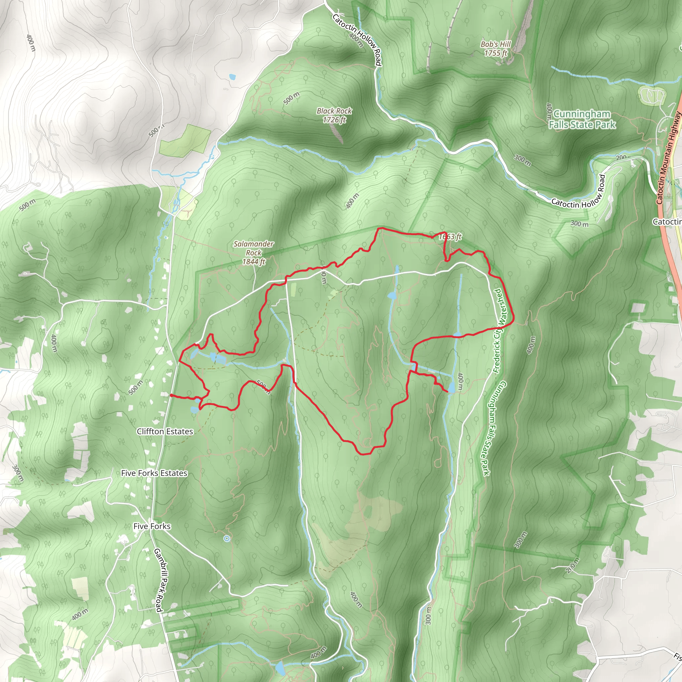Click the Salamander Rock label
point(253,253)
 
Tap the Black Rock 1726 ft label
point(334,116)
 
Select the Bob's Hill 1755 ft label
point(496,49)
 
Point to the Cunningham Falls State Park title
point(582,119)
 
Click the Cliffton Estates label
point(165,431)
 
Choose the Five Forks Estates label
point(154,473)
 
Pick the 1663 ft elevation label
point(450,236)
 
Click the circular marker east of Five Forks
point(227,538)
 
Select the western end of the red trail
point(171,395)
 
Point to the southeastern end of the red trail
point(448,392)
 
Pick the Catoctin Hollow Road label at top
point(357,40)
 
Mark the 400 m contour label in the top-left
point(31,43)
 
